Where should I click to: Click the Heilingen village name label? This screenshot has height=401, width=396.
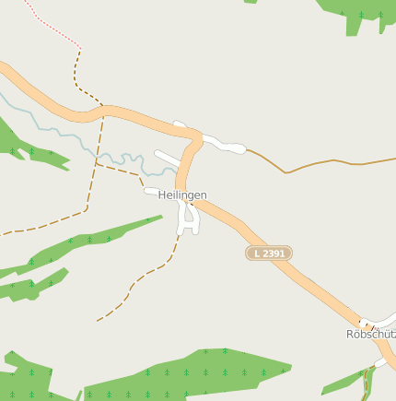[x=182, y=195]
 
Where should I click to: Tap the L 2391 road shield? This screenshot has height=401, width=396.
[x=269, y=253]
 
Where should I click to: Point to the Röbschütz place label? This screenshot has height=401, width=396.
[x=370, y=334]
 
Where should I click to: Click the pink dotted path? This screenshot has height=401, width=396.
[x=51, y=26]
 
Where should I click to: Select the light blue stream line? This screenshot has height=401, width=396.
[x=55, y=129]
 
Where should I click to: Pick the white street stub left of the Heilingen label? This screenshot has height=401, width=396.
[x=150, y=192]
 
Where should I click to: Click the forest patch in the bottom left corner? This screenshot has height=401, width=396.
[x=23, y=378]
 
